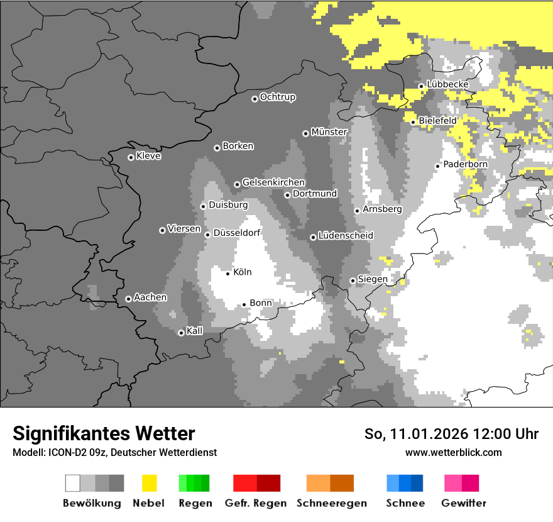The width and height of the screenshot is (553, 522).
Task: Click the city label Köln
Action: coord(243,272)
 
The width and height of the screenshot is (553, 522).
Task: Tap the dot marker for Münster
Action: coord(305,133)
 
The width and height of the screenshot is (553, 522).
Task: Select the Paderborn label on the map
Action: coord(466,164)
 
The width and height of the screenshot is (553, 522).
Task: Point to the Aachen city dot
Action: coord(128,299)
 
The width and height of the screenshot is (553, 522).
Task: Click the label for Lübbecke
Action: coord(447,84)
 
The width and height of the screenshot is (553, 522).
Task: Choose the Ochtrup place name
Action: coord(278,97)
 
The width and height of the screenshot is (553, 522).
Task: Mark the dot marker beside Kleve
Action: coord(131,157)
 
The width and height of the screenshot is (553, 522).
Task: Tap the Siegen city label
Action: coord(373,279)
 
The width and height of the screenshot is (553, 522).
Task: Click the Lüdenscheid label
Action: coord(346,236)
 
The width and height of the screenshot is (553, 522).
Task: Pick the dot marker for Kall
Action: coord(181,333)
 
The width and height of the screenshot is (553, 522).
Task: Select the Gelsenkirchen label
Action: coord(274,182)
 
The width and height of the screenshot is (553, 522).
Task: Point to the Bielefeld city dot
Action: coord(413,122)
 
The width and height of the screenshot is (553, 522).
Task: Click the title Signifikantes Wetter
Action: coord(104,433)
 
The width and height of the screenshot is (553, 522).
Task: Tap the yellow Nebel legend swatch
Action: coord(149,483)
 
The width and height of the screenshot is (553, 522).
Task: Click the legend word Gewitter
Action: coord(464,503)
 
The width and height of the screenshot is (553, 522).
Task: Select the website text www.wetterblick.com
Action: coord(454,452)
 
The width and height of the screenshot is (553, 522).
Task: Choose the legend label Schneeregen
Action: coord(332,503)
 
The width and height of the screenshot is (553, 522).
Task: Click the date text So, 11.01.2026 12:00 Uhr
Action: coord(451,434)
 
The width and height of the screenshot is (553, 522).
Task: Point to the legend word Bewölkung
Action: coord(92,503)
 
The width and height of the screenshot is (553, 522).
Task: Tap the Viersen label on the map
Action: coord(184,229)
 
